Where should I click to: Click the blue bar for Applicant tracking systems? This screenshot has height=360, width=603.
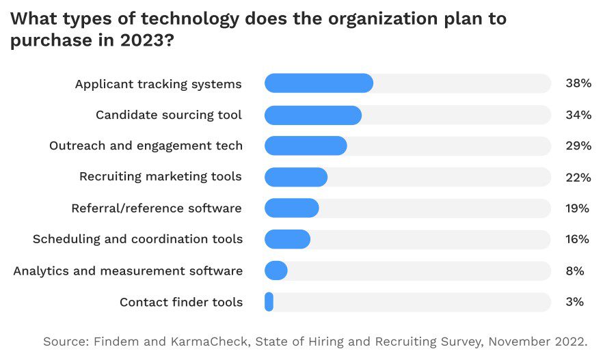[x=319, y=83]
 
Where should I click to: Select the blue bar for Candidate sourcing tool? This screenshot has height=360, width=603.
[x=312, y=115]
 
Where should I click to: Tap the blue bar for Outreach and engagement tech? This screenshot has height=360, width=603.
[x=306, y=146]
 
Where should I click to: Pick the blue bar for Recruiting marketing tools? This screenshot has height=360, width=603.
[x=296, y=177]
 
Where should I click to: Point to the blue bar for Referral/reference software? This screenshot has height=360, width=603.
[x=291, y=208]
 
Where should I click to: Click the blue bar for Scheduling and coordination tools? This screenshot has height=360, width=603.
[x=287, y=239]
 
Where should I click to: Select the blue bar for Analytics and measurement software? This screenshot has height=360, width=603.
[x=276, y=271]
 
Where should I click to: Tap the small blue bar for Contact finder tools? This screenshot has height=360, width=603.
[x=269, y=301]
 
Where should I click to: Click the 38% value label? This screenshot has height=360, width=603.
[x=578, y=83]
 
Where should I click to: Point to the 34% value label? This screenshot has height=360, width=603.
[x=578, y=115]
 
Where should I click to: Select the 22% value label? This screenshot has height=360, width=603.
[x=578, y=177]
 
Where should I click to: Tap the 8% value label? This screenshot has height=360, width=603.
[x=575, y=271]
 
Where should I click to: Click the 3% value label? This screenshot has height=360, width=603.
[x=575, y=301]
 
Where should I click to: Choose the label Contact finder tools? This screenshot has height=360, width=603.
[x=181, y=302]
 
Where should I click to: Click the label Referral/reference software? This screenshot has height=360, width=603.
[x=157, y=208]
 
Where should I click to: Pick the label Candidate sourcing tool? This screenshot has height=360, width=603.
[x=169, y=115]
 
